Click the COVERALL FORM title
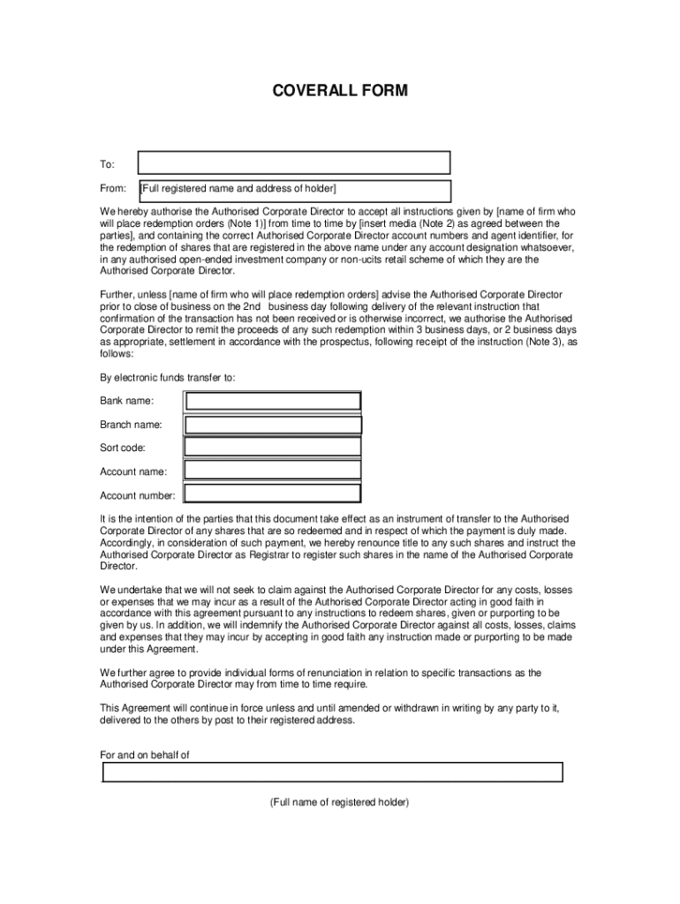click(340, 91)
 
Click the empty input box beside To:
click(295, 163)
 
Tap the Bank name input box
click(273, 402)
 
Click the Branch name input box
click(273, 425)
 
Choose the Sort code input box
click(273, 448)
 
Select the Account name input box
click(273, 471)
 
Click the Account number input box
click(273, 494)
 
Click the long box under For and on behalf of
click(333, 772)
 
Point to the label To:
click(107, 164)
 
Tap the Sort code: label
click(123, 448)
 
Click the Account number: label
click(138, 496)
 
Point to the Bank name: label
click(126, 402)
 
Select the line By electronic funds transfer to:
click(168, 378)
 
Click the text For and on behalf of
click(145, 756)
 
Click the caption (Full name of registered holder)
click(340, 802)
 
